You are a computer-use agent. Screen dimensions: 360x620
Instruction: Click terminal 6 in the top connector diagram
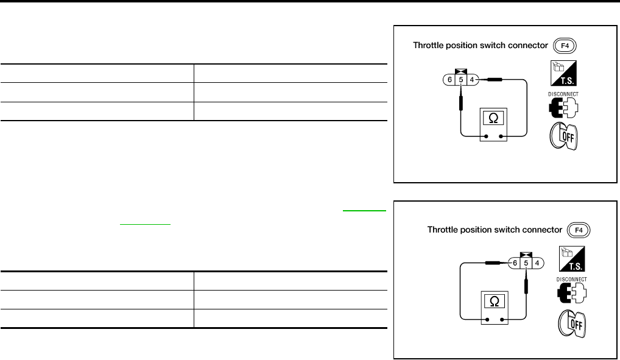pos(449,79)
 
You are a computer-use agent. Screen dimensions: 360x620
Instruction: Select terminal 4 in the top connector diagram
pos(471,79)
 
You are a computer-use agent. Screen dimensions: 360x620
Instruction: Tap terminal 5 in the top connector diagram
pos(460,79)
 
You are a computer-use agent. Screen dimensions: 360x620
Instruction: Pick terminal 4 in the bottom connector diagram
pos(537,263)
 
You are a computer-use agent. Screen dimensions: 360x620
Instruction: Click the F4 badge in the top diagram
pos(564,46)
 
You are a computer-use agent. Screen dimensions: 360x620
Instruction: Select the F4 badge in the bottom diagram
pos(579,230)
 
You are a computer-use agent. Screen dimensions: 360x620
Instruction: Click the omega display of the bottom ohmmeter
pos(494,301)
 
